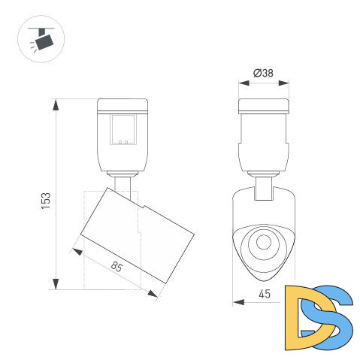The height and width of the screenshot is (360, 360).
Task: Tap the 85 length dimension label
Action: (x=116, y=266)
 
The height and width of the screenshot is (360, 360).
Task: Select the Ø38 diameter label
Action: (x=263, y=73)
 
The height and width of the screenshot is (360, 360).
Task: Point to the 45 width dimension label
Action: (x=263, y=295)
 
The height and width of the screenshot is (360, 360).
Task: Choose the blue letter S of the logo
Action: (x=333, y=322)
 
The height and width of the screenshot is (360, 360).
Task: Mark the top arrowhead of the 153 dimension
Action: (x=56, y=104)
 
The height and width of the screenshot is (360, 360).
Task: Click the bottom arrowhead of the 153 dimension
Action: (x=56, y=283)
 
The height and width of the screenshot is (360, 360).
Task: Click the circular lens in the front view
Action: (x=263, y=242)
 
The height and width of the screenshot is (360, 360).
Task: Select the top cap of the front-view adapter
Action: (x=263, y=105)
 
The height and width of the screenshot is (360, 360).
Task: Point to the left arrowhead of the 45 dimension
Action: (x=237, y=303)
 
